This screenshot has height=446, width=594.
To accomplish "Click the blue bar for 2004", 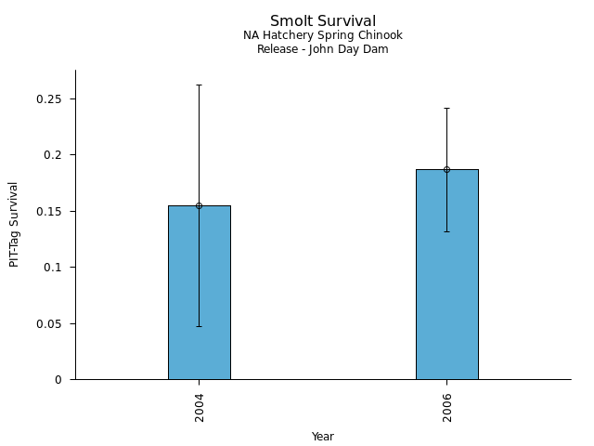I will pyautogui.click(x=199, y=297).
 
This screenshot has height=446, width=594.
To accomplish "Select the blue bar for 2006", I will pyautogui.click(x=446, y=279).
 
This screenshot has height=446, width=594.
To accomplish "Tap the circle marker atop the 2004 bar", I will pyautogui.click(x=199, y=205).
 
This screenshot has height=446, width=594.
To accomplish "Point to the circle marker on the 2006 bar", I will pyautogui.click(x=446, y=169).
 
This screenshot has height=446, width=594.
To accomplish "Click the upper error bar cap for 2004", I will pyautogui.click(x=199, y=85).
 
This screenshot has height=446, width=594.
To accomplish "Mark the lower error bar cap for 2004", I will pyautogui.click(x=199, y=326).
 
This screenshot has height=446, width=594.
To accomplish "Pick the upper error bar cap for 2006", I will pyautogui.click(x=446, y=108).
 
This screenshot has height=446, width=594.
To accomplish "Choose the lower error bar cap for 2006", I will pyautogui.click(x=446, y=231).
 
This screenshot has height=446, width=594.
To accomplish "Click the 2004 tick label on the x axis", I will pyautogui.click(x=199, y=408).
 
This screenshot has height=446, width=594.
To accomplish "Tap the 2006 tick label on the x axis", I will pyautogui.click(x=446, y=408).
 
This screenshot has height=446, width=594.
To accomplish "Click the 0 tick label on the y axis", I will pyautogui.click(x=58, y=380).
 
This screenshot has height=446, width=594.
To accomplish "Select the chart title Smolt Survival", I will pyautogui.click(x=323, y=20).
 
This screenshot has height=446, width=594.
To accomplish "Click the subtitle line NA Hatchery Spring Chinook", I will pyautogui.click(x=323, y=35).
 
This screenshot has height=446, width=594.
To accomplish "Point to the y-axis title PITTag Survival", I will pyautogui.click(x=14, y=224).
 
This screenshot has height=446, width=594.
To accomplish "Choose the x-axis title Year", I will pyautogui.click(x=323, y=437).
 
